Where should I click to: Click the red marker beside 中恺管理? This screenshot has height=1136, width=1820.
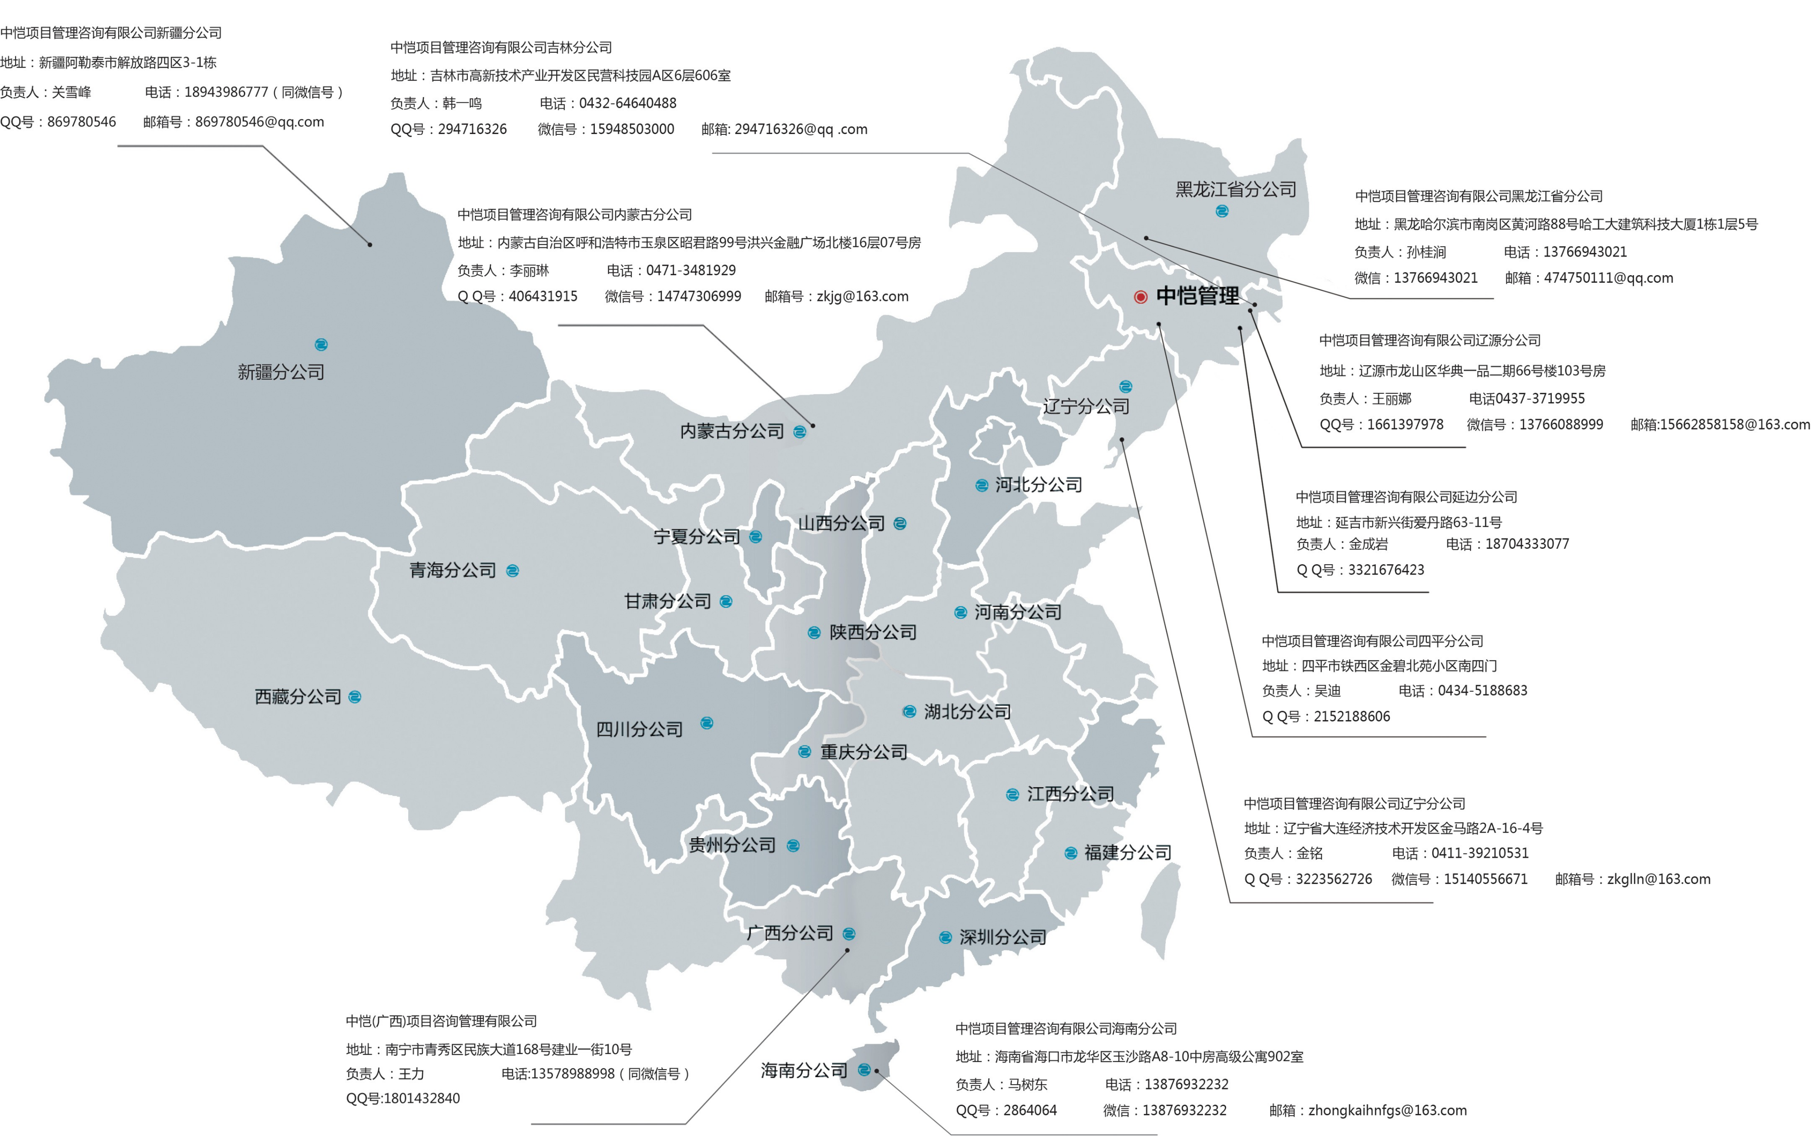pyautogui.click(x=1140, y=297)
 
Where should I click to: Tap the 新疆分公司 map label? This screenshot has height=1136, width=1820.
pyautogui.click(x=281, y=372)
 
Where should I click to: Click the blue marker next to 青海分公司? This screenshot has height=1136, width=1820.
pyautogui.click(x=513, y=571)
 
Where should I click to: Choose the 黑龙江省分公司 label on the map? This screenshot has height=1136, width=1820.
pyautogui.click(x=1236, y=189)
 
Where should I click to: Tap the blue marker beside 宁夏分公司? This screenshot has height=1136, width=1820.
pyautogui.click(x=756, y=537)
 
